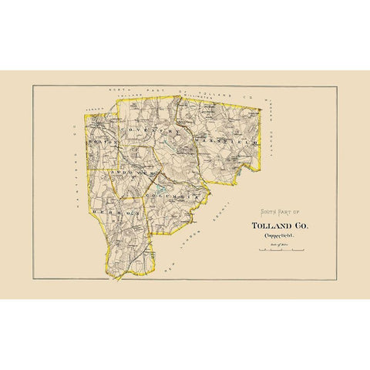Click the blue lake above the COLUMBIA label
click(x=160, y=187)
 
